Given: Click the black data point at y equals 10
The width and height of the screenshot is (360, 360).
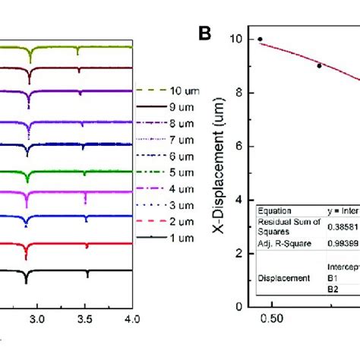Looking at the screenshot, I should point(261,39).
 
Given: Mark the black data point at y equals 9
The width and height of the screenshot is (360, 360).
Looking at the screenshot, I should point(319,66).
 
